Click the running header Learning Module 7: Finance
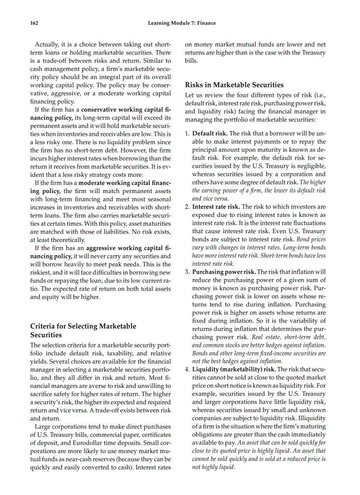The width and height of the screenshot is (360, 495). (x=182, y=23)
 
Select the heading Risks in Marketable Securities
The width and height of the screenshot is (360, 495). (x=234, y=85)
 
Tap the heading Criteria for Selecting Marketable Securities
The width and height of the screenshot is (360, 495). (x=83, y=331)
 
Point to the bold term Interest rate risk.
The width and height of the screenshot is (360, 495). (x=216, y=207)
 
